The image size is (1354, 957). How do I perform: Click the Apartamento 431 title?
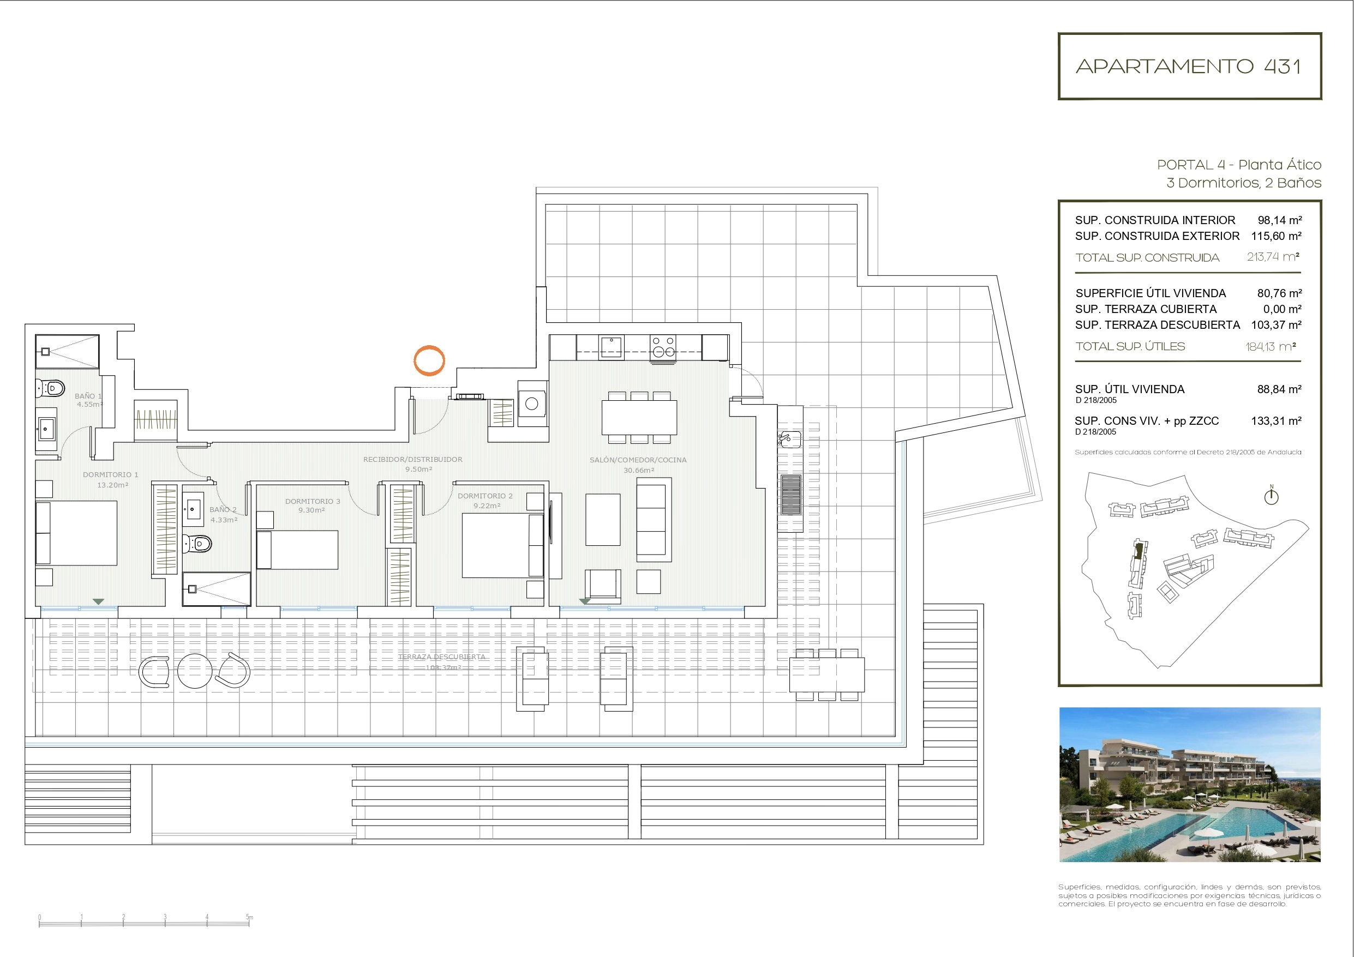tap(1189, 66)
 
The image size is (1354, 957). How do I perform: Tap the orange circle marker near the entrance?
tap(429, 360)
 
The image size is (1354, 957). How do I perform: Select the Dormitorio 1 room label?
tap(110, 474)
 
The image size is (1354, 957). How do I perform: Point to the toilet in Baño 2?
tap(197, 543)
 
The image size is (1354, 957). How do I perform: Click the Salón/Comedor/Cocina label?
tap(638, 460)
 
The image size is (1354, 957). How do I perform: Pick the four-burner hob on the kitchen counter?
tap(663, 347)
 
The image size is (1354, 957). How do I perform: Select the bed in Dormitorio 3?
tap(298, 550)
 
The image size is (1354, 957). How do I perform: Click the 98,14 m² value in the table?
tap(1279, 220)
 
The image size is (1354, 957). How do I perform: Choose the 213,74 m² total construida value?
tap(1273, 257)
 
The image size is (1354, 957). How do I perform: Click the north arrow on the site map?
tap(1271, 496)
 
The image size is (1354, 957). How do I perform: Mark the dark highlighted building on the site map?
tap(1139, 551)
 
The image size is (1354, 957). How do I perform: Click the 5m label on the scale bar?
tap(249, 917)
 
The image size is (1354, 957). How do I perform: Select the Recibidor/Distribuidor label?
tap(413, 459)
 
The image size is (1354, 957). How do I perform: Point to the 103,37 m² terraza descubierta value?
tap(1276, 325)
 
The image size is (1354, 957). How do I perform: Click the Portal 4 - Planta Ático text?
tap(1238, 165)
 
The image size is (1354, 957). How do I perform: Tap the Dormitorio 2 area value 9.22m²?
tap(487, 506)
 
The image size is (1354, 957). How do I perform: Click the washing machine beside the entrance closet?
tap(532, 404)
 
